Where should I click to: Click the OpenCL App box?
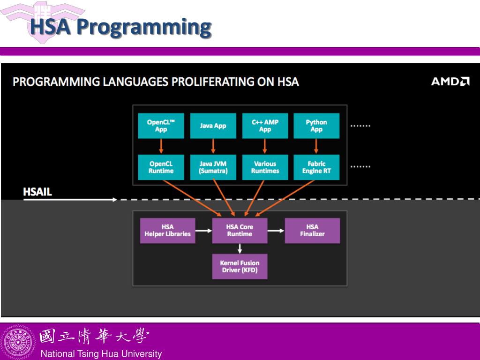point(161,126)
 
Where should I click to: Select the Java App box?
point(213,126)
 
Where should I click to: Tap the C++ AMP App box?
point(265,126)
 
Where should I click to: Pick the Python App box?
point(316,126)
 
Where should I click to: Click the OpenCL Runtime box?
point(161,167)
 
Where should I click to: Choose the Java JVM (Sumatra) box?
point(213,167)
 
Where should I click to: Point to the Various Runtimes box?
point(265,167)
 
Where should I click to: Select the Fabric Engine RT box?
point(316,167)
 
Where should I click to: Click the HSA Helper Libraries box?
point(167,231)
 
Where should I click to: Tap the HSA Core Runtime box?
point(240,231)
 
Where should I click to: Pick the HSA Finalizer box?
point(312,231)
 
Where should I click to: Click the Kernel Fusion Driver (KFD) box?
point(240,266)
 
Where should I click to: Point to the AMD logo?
point(450,82)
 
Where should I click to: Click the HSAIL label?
point(37,192)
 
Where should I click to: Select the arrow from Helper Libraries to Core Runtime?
point(203,231)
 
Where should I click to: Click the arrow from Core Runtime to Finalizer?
point(276,231)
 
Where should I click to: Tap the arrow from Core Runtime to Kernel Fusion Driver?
point(240,249)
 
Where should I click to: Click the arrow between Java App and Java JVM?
point(213,146)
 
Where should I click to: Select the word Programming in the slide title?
point(144,27)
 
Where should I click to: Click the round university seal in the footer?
point(18,342)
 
